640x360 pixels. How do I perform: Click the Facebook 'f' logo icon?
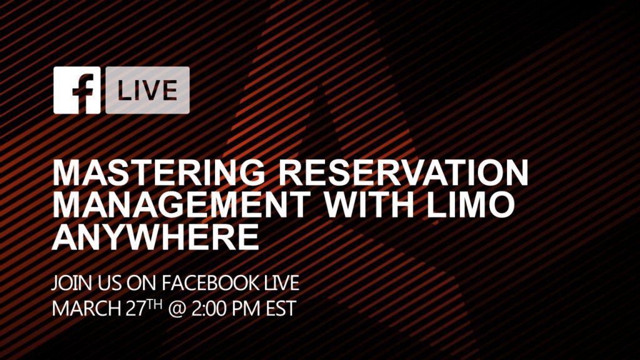(77, 90)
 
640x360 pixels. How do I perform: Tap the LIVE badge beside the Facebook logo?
(147, 90)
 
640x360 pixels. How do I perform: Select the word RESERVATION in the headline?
(404, 172)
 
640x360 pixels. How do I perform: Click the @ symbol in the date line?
(177, 309)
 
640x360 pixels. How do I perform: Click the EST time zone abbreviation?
(281, 309)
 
